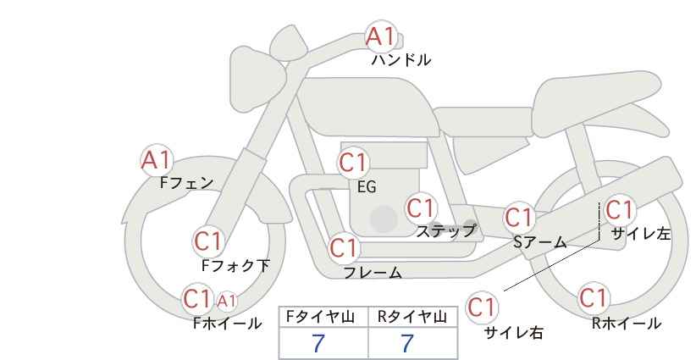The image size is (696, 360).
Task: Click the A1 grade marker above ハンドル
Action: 381,36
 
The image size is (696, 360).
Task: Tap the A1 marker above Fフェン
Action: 156,160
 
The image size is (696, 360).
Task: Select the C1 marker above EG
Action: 353,163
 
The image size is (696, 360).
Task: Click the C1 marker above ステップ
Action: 421,208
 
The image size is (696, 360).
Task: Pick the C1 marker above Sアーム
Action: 519,218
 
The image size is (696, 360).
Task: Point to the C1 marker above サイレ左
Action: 619,210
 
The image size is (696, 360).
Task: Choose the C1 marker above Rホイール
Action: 593,298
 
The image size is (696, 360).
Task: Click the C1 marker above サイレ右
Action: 482,307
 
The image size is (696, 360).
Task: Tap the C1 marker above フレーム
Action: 344,247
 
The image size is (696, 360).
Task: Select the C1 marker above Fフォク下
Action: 208,241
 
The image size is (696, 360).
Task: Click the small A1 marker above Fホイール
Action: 226,301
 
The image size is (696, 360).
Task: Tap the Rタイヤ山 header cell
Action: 413,317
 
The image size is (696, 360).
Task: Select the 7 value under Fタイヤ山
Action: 318,344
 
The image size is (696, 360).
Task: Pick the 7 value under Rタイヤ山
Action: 407,344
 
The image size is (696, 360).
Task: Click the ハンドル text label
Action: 400,60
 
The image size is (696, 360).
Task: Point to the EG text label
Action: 367,187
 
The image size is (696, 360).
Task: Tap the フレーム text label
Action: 373,273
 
